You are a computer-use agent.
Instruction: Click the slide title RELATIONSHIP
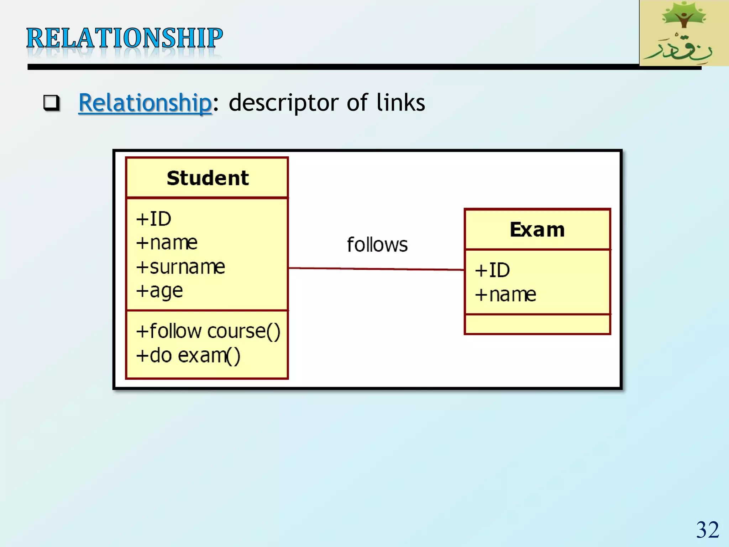click(125, 38)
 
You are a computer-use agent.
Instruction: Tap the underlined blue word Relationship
click(145, 103)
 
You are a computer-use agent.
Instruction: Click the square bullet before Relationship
click(52, 103)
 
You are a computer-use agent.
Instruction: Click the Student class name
click(208, 178)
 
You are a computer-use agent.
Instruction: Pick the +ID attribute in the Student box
click(154, 219)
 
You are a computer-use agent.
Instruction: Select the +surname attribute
click(180, 267)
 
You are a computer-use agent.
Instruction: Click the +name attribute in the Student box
click(167, 243)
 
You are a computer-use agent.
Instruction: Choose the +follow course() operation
click(208, 331)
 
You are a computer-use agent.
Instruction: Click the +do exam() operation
click(188, 355)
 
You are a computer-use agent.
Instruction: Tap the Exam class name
click(537, 230)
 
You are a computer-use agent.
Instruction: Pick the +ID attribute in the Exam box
click(493, 270)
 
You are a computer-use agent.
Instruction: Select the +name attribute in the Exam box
click(505, 295)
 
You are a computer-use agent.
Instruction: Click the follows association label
click(377, 245)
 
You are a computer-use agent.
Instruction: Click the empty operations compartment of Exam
click(537, 324)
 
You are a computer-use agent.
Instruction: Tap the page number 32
click(707, 530)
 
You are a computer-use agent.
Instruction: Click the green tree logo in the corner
click(683, 33)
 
